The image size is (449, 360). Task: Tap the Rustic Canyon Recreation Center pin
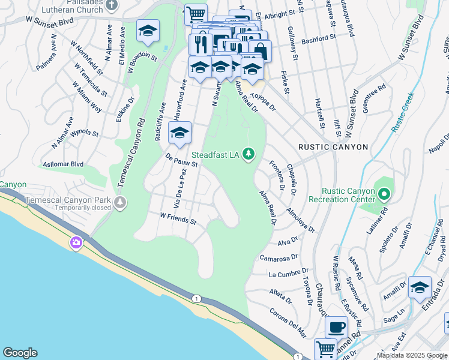[x=385, y=194]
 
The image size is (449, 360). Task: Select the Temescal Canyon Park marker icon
[x=122, y=202]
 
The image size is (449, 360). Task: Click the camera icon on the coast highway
[x=76, y=242]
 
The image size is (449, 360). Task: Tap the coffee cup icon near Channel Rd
[x=336, y=327]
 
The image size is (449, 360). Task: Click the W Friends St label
[x=178, y=218]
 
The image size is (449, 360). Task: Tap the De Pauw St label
[x=181, y=159]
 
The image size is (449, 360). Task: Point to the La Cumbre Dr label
[x=289, y=274]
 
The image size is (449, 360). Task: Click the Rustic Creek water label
[x=403, y=112]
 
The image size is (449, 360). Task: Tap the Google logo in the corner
[x=20, y=353]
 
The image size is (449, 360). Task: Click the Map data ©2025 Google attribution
[x=412, y=355]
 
